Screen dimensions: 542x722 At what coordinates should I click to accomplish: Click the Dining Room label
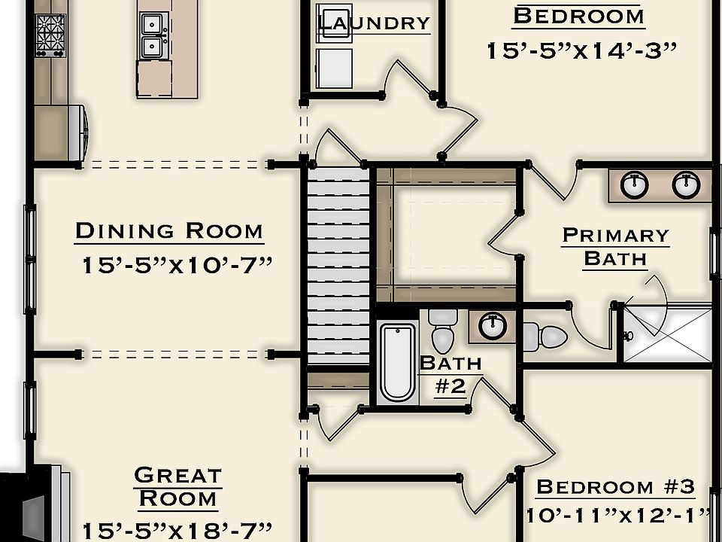pos(169,230)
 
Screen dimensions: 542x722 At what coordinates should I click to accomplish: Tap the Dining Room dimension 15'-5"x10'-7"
pos(176,265)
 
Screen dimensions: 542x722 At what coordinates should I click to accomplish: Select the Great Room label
pos(178,486)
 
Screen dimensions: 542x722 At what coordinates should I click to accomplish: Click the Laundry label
pos(374,23)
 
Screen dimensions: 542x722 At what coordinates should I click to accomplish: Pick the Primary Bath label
pos(615,247)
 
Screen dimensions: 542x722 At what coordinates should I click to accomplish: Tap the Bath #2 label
pos(450,374)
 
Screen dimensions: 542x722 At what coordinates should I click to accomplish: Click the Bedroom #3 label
pos(615,486)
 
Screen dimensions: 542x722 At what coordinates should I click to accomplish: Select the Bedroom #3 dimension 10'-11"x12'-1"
pos(618,516)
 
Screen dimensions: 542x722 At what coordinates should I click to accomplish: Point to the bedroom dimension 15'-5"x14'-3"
pos(581,50)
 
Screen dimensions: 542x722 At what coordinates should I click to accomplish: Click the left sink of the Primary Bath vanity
pos(636,184)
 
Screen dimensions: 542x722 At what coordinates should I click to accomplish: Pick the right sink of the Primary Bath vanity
pos(686,184)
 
